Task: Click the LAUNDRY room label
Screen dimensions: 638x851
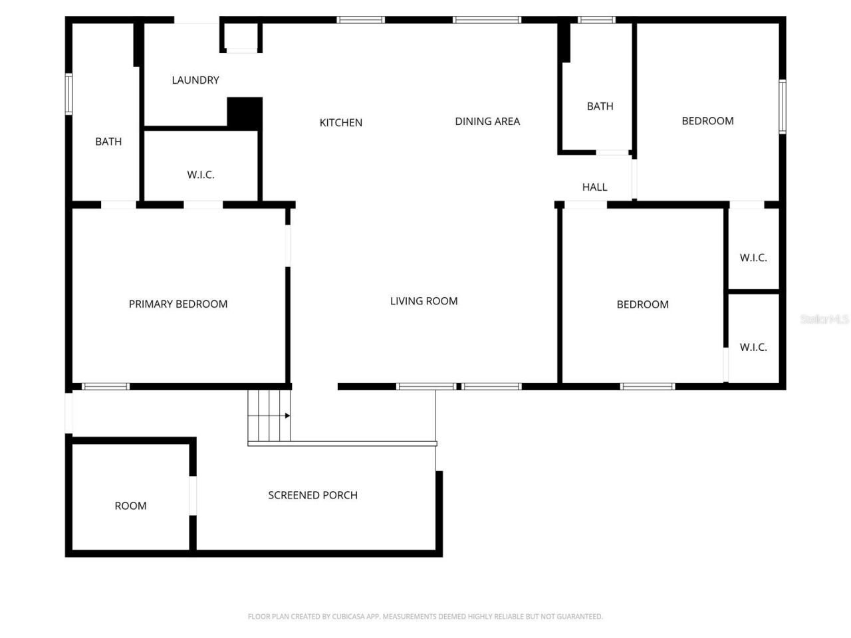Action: coord(195,80)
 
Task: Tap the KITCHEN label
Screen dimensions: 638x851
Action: coord(340,122)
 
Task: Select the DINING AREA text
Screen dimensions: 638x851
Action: coord(487,121)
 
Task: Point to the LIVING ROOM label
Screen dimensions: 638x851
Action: coord(424,301)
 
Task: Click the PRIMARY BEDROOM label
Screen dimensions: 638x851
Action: coord(178,304)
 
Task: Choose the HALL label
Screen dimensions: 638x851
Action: coord(594,187)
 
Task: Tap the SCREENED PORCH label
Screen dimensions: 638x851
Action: coord(312,495)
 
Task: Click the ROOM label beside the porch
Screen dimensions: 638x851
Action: coord(130,506)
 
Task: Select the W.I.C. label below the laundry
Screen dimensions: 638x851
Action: coord(200,175)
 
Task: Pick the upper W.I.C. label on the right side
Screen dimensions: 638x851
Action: coord(753,257)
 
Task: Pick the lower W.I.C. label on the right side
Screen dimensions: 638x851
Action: coord(753,347)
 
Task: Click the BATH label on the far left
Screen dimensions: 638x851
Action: coord(108,142)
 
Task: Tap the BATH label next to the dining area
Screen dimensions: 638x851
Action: coord(600,106)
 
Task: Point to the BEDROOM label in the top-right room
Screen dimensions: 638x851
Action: coord(707,120)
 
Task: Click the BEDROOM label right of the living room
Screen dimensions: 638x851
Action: coord(642,304)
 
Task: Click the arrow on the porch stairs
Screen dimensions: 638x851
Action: coord(287,416)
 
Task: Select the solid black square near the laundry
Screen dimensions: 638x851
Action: coord(245,112)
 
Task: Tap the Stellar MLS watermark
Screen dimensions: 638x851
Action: coord(824,319)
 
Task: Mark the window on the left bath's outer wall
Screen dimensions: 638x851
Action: coord(68,94)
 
